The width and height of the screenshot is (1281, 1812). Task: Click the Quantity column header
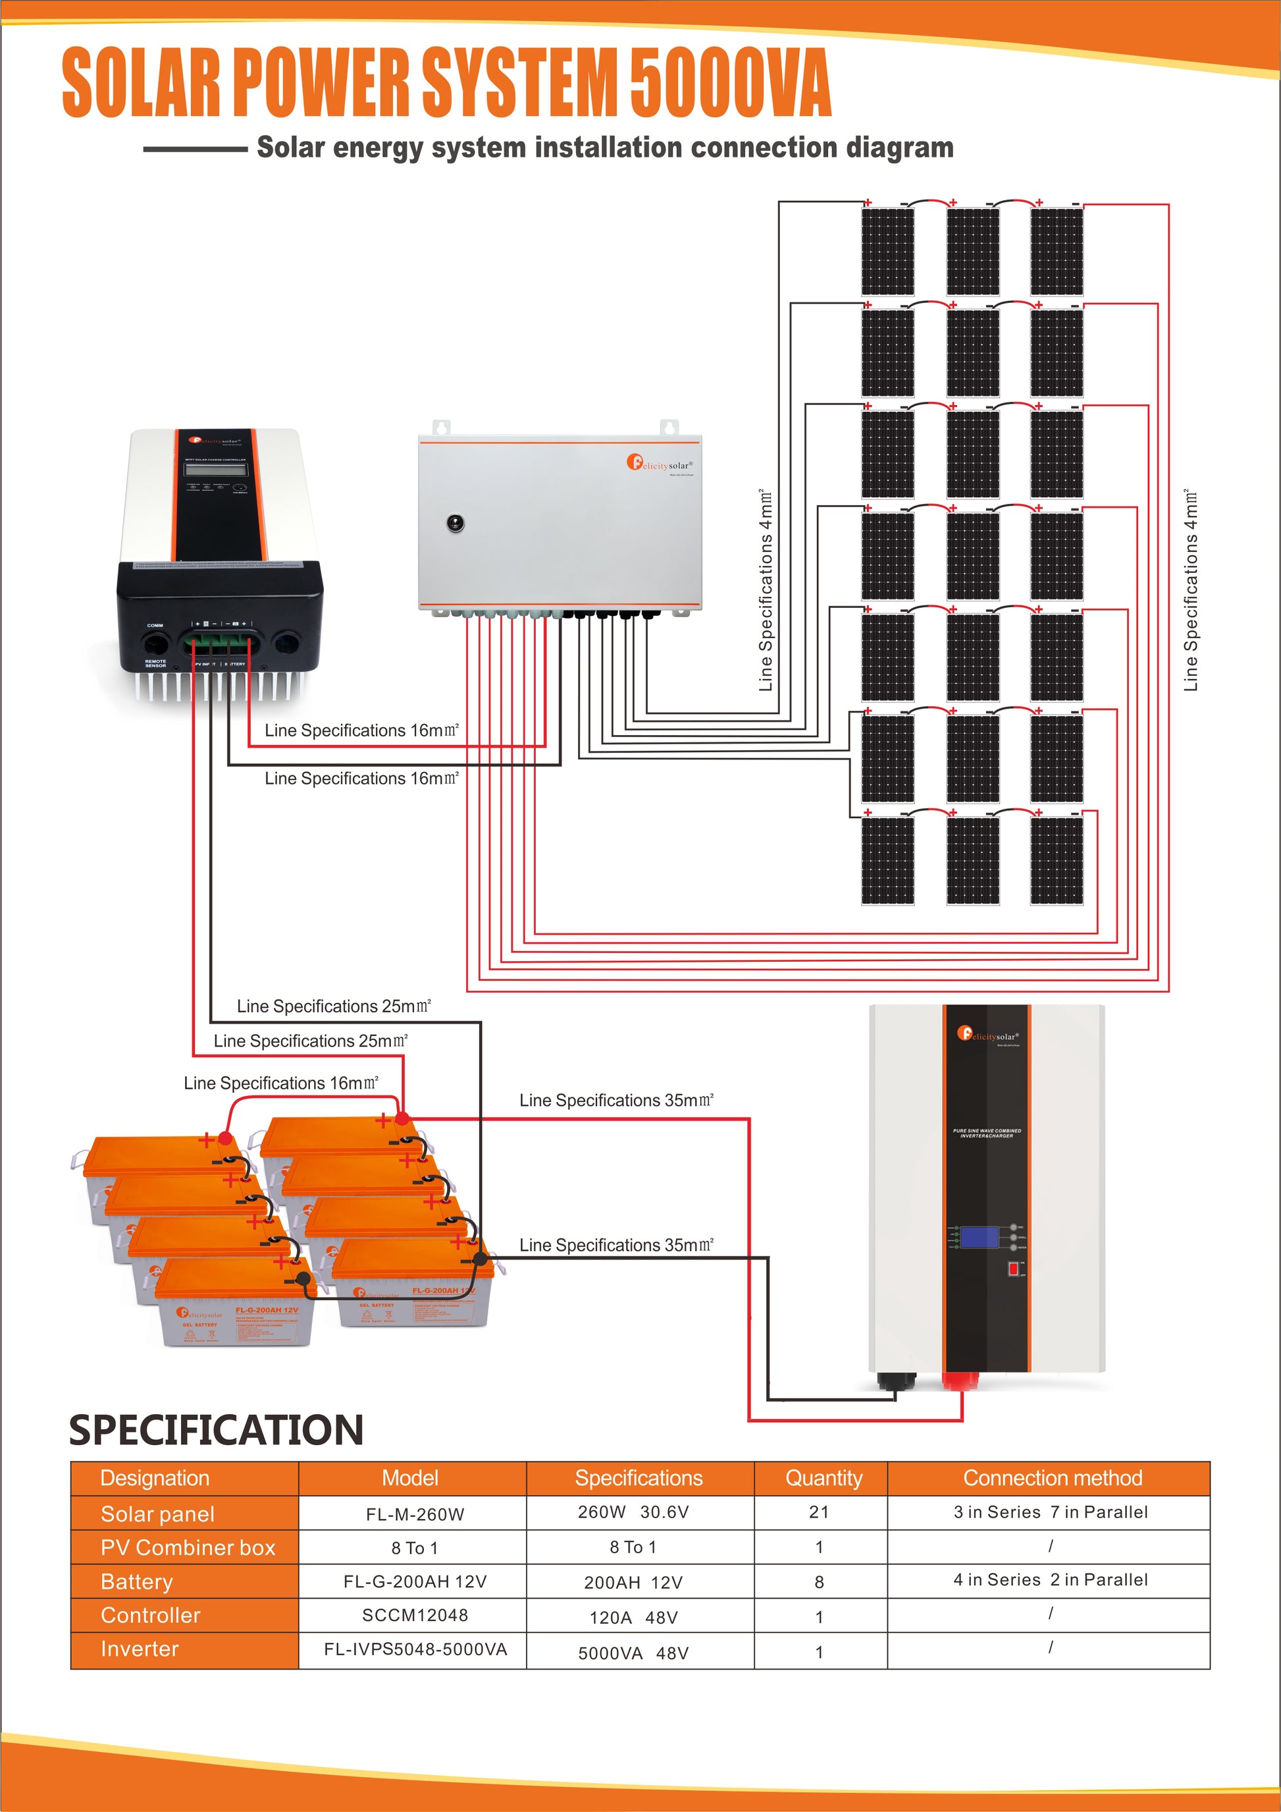pos(823,1478)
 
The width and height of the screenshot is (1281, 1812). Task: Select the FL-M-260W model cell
pos(415,1514)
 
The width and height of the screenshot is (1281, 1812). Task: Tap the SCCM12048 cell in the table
pos(415,1614)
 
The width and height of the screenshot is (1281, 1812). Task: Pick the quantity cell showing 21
pos(819,1512)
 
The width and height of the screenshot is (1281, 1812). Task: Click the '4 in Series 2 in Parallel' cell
pos(1050,1580)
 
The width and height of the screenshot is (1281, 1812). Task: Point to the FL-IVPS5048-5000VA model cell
pos(415,1649)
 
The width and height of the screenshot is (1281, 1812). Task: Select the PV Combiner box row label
pos(188,1548)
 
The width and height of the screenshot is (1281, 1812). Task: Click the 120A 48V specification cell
pos(633,1617)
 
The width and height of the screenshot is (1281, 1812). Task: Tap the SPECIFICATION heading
pos(216,1430)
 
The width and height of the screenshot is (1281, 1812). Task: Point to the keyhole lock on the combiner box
pos(455,522)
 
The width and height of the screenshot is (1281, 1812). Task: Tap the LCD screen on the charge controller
pos(216,470)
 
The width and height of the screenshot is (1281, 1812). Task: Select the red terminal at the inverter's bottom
pos(961,1381)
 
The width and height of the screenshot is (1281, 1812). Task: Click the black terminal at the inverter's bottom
pos(897,1381)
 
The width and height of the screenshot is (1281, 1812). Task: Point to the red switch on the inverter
pos(1014,1269)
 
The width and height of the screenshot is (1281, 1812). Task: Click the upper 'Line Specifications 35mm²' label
pos(616,1100)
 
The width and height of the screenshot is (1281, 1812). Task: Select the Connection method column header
pos(1052,1478)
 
